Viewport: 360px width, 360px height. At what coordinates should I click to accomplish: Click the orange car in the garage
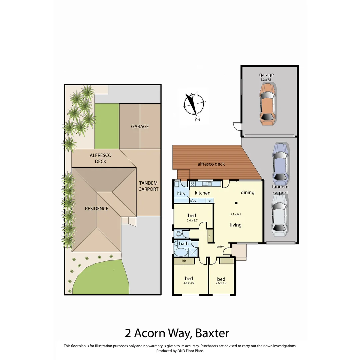[x=268, y=104]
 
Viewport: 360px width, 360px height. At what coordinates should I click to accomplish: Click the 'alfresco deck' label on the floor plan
[x=211, y=164]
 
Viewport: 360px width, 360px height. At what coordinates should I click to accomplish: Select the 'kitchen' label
[x=202, y=193]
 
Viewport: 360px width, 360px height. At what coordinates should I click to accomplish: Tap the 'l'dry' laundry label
[x=181, y=194]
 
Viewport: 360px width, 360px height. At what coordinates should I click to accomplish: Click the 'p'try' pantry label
[x=193, y=201]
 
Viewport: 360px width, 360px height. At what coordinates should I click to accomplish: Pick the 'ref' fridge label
[x=209, y=201]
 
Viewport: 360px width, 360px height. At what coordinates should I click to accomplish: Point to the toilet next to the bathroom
[x=177, y=234]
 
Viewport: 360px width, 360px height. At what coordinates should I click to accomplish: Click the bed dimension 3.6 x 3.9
[x=189, y=283]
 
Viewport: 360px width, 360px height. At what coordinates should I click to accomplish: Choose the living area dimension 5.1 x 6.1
[x=235, y=214]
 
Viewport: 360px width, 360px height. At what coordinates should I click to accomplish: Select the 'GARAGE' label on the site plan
[x=140, y=126]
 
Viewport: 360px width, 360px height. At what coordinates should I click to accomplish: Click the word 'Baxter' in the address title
[x=212, y=333]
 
